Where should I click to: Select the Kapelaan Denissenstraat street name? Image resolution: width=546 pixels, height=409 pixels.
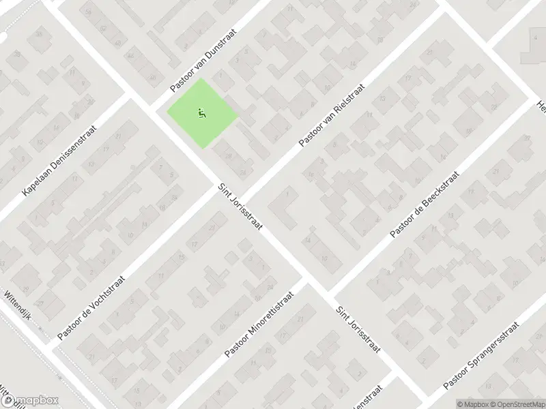pyautogui.click(x=60, y=162)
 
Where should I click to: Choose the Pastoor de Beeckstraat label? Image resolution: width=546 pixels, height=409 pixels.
pyautogui.click(x=425, y=204)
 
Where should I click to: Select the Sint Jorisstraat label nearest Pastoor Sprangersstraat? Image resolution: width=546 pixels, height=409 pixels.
pyautogui.click(x=357, y=329)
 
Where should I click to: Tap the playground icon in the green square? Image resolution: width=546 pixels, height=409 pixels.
pyautogui.click(x=201, y=112)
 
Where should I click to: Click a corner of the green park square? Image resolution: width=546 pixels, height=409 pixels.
pyautogui.click(x=202, y=79)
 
